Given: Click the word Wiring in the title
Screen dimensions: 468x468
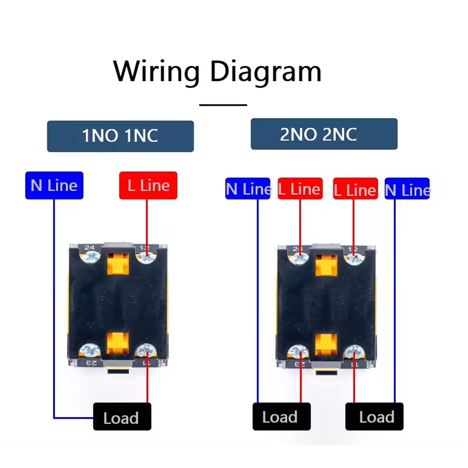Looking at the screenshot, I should (156, 72).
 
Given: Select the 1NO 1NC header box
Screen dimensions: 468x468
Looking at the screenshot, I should (120, 136).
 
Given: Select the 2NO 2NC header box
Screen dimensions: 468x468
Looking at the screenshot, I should (324, 134).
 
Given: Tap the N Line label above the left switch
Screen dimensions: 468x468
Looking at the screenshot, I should (54, 185).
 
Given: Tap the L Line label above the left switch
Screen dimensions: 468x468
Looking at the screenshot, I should (148, 185).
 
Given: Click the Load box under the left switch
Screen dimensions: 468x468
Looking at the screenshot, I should (122, 417).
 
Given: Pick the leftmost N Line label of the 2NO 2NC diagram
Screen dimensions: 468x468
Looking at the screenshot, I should (248, 189).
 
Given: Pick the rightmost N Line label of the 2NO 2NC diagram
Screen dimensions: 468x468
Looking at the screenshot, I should (407, 189).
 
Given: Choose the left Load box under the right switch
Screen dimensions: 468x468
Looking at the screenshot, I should (281, 416).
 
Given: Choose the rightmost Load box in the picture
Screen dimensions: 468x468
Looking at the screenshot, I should (374, 416).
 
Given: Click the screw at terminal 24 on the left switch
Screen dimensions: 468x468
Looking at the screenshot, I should (90, 258).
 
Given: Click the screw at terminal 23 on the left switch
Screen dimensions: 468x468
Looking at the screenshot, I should (90, 350).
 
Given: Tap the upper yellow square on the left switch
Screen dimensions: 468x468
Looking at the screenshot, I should (118, 264).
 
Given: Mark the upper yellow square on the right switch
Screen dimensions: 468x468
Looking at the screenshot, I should (326, 265).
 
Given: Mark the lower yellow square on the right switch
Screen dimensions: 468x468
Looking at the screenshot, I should (326, 344).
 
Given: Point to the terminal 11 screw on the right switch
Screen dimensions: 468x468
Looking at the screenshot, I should (353, 351).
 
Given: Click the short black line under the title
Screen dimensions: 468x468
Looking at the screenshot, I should (223, 105).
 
